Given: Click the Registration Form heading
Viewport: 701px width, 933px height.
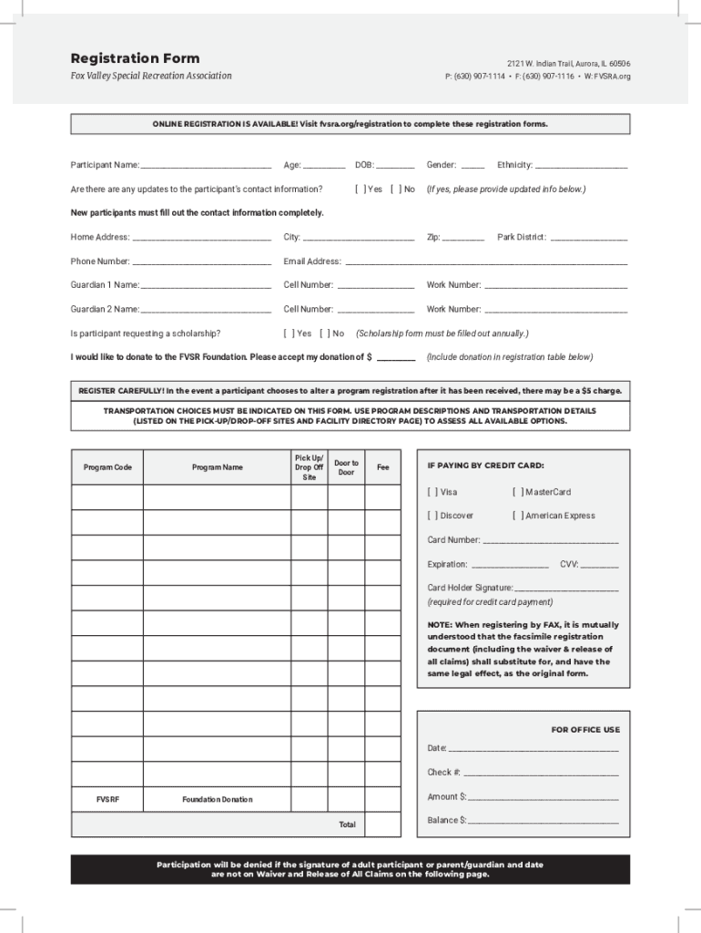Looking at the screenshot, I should [135, 58].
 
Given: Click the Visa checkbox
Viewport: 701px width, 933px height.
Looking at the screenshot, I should [432, 492].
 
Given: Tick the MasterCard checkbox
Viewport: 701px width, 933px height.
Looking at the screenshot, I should [518, 492].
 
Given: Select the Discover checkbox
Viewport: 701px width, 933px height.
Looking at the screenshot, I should [432, 516].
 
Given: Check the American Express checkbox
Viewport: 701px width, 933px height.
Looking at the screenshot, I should [518, 516].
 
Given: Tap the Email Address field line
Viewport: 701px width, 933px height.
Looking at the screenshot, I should [486, 262].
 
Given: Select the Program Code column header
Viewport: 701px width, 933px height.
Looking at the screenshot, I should [107, 467].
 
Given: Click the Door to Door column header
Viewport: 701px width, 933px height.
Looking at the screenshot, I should [346, 467].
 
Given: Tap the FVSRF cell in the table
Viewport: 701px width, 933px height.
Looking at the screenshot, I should [107, 799].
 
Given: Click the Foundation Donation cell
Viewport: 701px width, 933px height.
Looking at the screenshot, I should [217, 799].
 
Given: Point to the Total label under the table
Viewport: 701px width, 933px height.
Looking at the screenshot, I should [347, 825].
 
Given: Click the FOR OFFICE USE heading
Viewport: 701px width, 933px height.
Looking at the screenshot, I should [585, 729].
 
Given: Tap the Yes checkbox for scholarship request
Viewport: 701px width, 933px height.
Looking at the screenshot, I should [289, 333].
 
